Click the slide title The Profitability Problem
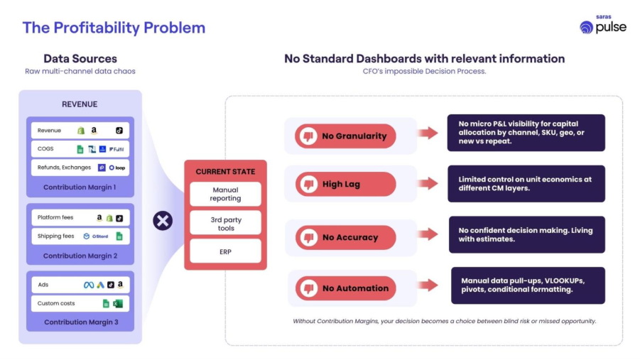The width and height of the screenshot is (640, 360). tap(114, 28)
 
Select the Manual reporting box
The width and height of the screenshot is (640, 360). tap(225, 194)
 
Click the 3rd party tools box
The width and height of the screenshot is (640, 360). tap(225, 223)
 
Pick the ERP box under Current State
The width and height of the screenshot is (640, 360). tap(225, 251)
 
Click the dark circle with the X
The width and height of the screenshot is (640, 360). tap(163, 221)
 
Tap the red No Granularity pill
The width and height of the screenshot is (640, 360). tap(345, 136)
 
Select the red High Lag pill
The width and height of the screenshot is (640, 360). tap(345, 184)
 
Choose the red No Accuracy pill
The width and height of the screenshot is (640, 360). tap(345, 237)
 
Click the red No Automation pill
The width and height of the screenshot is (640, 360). tap(345, 288)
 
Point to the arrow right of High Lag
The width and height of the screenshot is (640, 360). tap(428, 184)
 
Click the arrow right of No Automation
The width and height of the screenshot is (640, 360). tap(428, 285)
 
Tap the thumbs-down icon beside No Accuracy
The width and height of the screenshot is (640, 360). tap(309, 237)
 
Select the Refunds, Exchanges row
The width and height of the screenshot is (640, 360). tap(80, 168)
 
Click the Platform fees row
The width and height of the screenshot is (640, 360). tap(80, 218)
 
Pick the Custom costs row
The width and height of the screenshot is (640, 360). tap(80, 303)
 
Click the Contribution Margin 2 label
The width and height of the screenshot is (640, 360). tap(80, 256)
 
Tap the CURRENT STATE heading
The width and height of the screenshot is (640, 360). tap(225, 172)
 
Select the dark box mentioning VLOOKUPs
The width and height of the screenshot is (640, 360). tap(528, 285)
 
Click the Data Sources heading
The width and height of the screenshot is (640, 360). tap(80, 59)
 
